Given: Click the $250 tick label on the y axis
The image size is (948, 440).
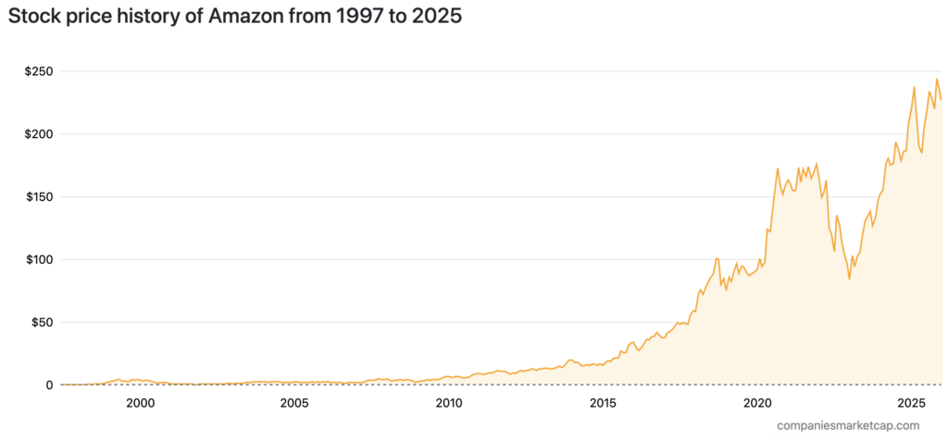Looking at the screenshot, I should [x=39, y=71].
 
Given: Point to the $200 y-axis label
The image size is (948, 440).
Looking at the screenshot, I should [x=39, y=134].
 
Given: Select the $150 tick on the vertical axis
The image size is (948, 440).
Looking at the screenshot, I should [x=39, y=197].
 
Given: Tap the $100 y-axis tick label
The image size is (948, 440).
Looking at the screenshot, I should [x=39, y=260].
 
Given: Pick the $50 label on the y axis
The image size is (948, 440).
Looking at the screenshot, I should [x=42, y=322].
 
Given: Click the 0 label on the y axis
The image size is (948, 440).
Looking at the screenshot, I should [x=50, y=385].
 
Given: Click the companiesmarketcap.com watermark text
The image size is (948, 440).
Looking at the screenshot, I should [x=849, y=425].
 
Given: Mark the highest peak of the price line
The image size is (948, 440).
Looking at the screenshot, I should [x=937, y=79].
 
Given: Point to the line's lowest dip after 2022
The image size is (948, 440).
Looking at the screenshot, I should [x=849, y=278].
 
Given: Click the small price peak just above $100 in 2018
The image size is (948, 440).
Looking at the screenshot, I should [x=717, y=258].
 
